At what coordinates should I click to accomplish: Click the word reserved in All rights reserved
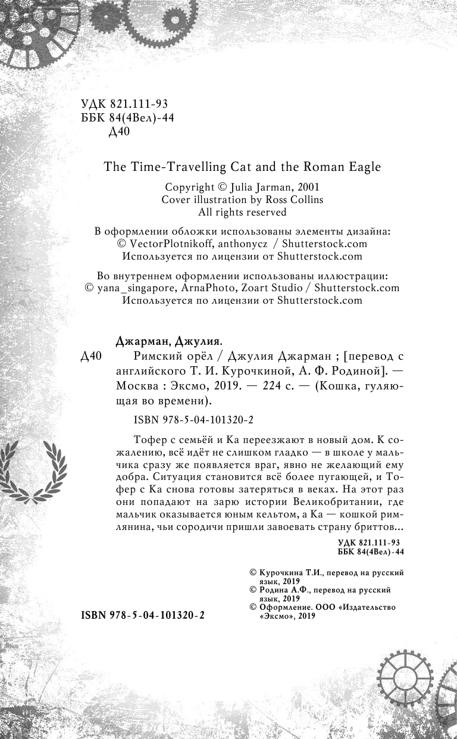pyautogui.click(x=262, y=213)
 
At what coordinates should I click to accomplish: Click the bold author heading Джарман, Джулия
pyautogui.click(x=167, y=342)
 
